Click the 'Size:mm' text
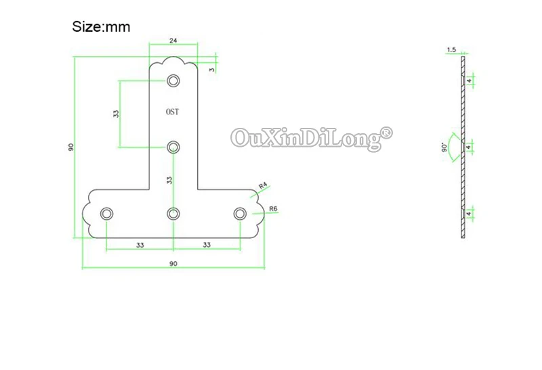pos(101,27)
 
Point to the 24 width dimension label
pos(173,41)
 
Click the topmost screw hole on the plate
pos(173,81)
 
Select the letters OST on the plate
pos(172,112)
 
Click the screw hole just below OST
pos(173,147)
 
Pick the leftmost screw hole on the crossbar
pos(107,214)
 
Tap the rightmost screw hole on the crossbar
pos(240,214)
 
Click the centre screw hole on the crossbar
pos(173,214)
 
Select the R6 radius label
pos(274,208)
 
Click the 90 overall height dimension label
pos(70,147)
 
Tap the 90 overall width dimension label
pos(173,262)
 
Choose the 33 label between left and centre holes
pos(140,244)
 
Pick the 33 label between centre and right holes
pos(207,244)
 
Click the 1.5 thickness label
pos(452,49)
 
